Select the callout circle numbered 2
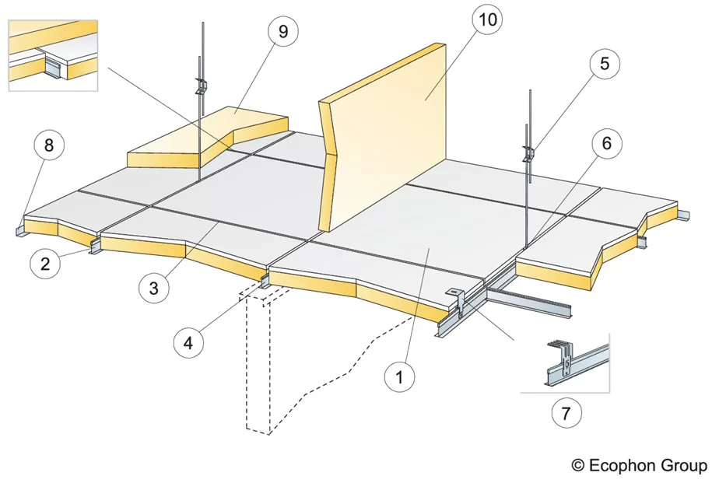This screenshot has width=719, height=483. (45, 263)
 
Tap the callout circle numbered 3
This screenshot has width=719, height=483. (154, 287)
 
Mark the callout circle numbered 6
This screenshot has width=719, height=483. (606, 143)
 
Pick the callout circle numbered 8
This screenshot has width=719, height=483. (49, 145)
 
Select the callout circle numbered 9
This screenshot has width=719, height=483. (282, 33)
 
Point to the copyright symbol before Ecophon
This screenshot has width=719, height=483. (578, 465)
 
